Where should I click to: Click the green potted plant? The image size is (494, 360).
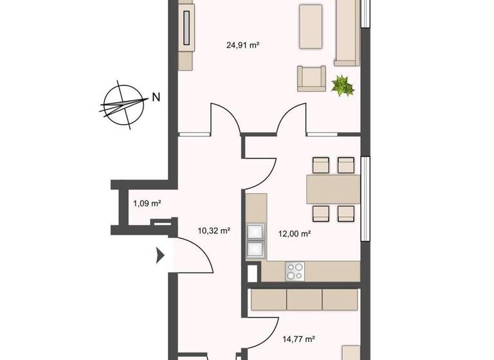click(x=342, y=85)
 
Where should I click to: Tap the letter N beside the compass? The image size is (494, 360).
click(x=156, y=98)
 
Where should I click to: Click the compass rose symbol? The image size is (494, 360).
click(x=122, y=103)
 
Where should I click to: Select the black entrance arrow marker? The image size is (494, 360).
click(x=160, y=256)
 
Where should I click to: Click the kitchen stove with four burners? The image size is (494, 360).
click(x=295, y=271)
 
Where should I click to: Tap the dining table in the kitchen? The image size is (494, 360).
click(x=333, y=190)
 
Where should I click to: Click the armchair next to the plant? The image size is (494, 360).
click(x=311, y=78)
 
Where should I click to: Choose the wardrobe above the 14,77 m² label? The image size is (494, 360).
click(x=304, y=300)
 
